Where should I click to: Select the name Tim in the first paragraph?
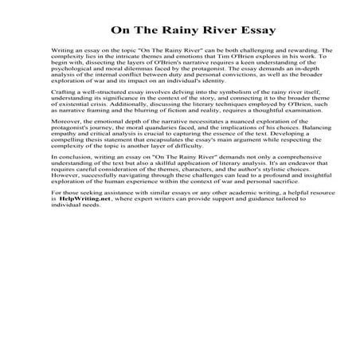tap(221, 57)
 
